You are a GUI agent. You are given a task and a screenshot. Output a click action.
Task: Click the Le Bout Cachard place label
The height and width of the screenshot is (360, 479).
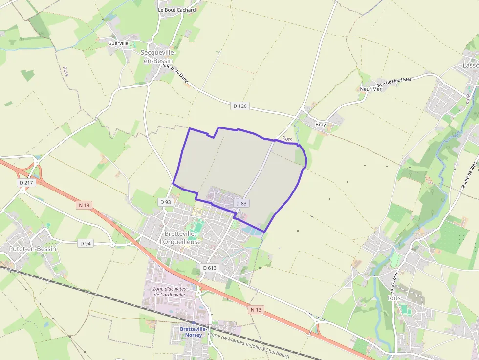coord(176,10)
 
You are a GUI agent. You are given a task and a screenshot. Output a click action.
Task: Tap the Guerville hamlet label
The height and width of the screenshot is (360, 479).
coord(118,43)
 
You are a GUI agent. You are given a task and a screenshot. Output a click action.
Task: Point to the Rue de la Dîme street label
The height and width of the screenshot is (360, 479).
coord(175,74)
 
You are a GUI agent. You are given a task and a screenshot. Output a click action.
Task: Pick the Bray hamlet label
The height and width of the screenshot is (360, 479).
coord(320,125)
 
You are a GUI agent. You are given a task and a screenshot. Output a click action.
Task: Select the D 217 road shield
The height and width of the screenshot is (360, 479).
coord(27,182)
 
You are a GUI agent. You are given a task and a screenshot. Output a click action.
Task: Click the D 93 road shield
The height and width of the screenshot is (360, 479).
coord(165,202)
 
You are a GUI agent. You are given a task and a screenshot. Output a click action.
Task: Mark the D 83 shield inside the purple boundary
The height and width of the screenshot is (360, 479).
coord(240,203)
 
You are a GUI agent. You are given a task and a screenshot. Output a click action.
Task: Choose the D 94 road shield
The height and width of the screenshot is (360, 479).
coord(86,243)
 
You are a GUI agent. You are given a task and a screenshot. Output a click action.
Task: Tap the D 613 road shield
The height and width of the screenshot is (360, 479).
coord(210,268)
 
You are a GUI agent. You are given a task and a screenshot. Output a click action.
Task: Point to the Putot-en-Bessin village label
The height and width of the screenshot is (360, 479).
coord(32,249)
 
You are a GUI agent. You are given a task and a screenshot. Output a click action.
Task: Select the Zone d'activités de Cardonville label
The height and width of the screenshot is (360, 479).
coord(169,292)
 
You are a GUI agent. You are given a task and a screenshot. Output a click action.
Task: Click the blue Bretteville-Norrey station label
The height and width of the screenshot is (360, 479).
coord(194,332)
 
